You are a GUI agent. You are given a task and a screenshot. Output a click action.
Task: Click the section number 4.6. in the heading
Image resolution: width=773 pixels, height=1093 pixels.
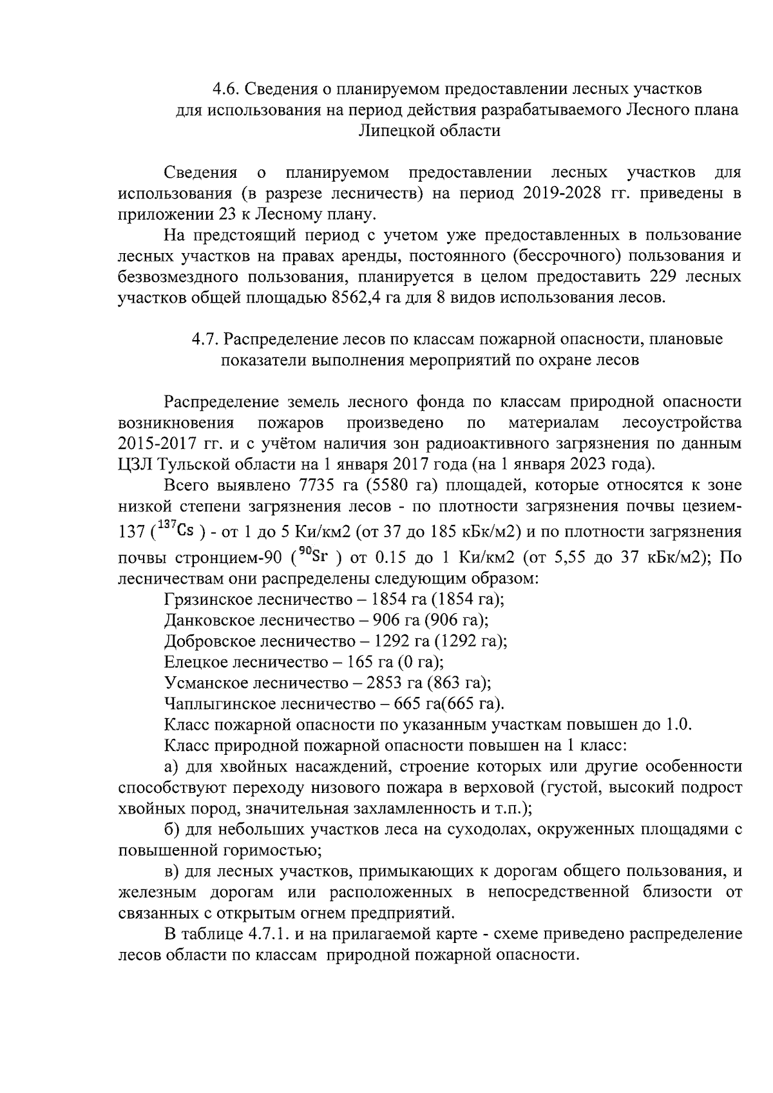tap(227, 88)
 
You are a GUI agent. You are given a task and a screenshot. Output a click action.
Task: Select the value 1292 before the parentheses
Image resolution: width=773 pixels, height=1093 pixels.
tap(392, 642)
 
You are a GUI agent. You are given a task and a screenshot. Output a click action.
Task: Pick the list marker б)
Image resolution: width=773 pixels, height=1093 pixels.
tap(173, 830)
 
